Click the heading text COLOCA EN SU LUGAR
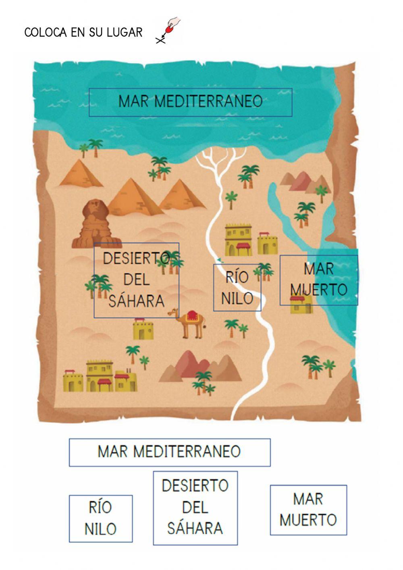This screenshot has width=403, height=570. coord(83,32)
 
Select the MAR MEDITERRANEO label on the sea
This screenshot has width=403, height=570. coord(190,102)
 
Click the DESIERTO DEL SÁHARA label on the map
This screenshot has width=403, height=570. coord(136,280)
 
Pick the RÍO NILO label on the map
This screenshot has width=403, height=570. coord(237,288)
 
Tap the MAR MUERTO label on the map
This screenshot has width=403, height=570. coord(318,279)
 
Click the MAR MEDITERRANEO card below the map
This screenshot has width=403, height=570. coord(169,452)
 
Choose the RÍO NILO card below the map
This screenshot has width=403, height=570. coord(100,518)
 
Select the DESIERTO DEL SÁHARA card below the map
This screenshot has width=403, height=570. coord(195,507)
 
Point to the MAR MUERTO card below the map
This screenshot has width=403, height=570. coord(308,510)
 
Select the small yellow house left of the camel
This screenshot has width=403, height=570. coord(143,330)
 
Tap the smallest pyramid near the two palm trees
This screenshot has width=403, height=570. coord(80,174)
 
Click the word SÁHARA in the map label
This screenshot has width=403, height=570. coord(136,301)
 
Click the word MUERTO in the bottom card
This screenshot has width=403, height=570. coord(308,520)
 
